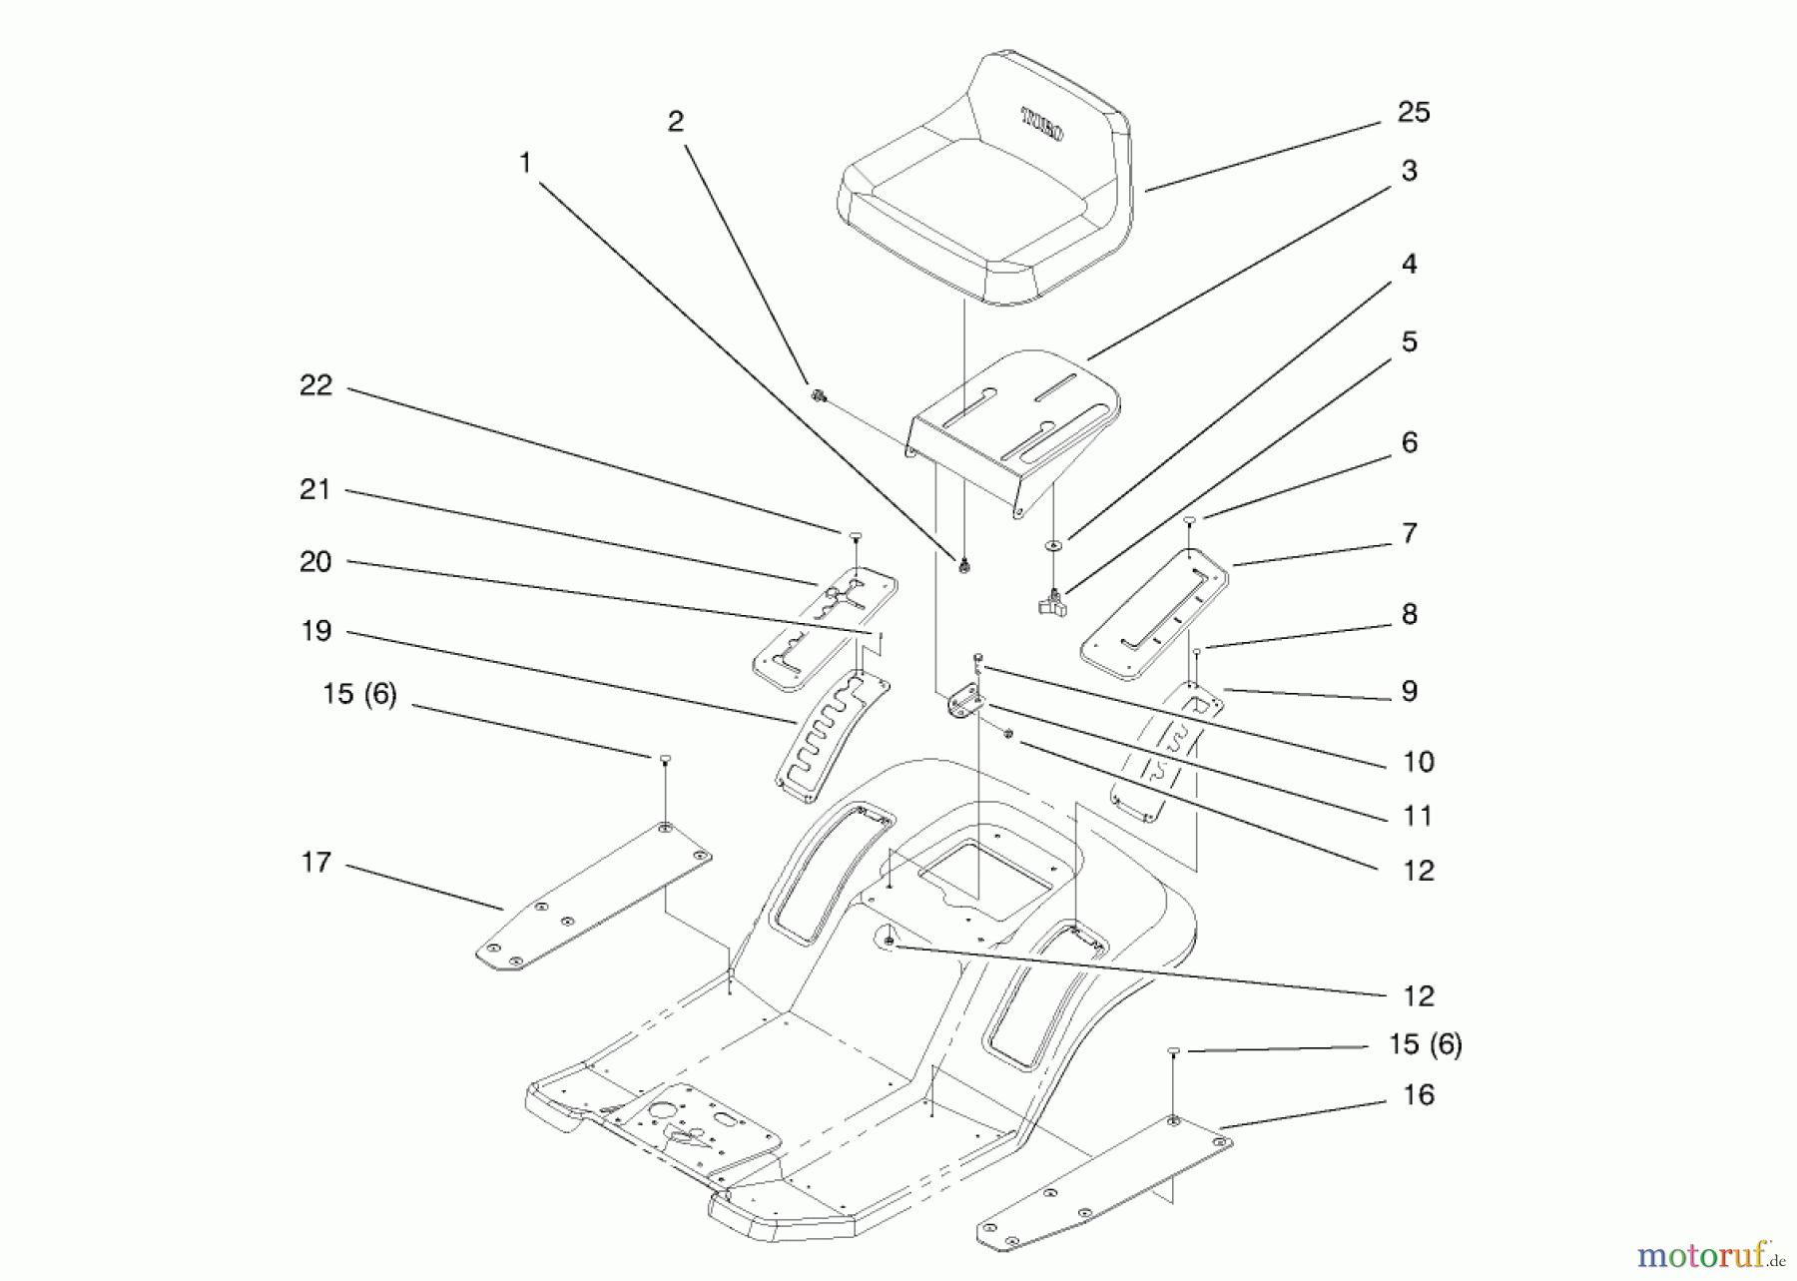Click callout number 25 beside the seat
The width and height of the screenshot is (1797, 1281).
click(1413, 112)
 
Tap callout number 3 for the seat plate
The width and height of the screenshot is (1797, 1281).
click(1409, 171)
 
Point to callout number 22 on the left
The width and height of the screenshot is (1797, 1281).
click(315, 385)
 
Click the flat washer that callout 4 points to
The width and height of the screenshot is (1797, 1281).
click(1053, 545)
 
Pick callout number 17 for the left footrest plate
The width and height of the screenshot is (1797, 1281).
click(315, 862)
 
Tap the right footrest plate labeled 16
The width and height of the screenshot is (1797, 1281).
click(1103, 1183)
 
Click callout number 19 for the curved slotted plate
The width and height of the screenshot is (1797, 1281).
click(315, 631)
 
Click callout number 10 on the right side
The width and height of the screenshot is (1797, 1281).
click(1418, 762)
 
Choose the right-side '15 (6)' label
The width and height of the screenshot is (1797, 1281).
click(1425, 1044)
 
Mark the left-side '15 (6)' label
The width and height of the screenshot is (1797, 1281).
click(359, 694)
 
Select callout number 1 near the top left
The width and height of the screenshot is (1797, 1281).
click(525, 162)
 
